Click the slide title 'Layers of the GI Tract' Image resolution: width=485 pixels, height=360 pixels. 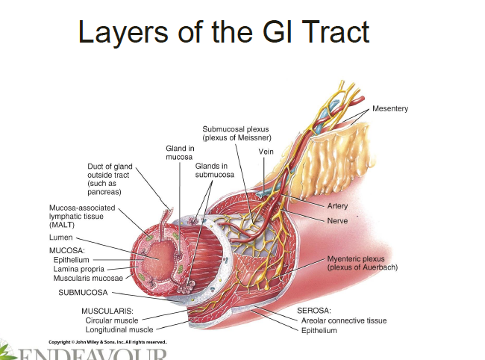224,32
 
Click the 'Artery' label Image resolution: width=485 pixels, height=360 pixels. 337,206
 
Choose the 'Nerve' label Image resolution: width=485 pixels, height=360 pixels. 337,221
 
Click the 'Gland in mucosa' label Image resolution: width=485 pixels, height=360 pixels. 180,153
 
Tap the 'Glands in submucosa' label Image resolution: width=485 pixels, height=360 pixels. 214,170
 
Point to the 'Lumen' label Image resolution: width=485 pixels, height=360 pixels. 61,238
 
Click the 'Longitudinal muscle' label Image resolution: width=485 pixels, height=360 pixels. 119,329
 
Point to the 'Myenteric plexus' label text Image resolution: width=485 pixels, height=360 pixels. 362,263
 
